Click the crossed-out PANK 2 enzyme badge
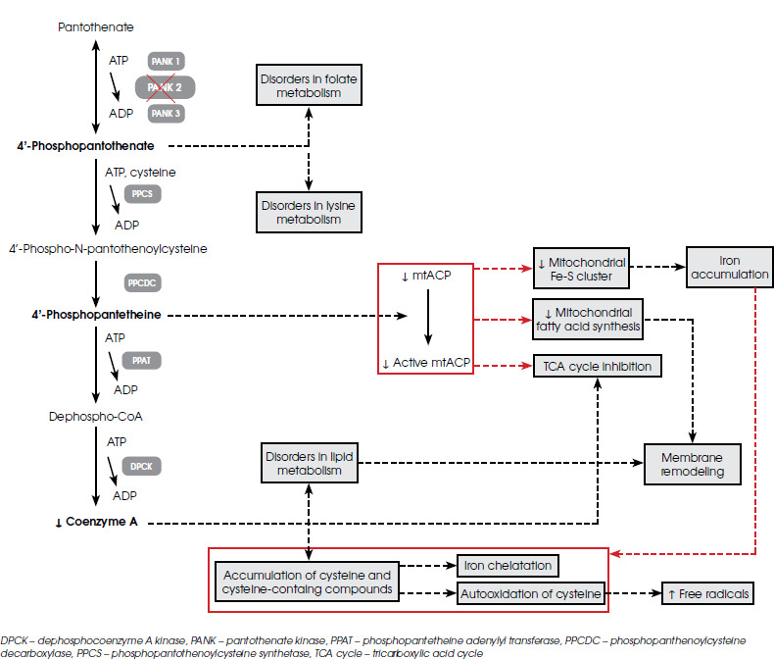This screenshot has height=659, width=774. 165,87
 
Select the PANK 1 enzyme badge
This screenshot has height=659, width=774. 165,62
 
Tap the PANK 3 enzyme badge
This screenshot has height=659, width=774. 165,114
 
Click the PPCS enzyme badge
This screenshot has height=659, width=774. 141,194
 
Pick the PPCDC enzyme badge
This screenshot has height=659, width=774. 144,283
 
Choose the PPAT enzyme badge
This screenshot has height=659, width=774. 140,362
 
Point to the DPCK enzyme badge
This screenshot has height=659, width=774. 140,466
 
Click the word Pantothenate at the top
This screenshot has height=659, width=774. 95,26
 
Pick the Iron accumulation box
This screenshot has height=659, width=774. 729,267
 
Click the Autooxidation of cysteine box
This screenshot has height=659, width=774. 530,594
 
